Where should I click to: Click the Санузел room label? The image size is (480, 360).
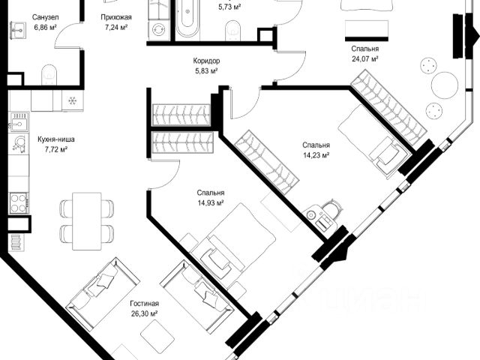[x=45, y=17]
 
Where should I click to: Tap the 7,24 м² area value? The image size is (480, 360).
[x=116, y=27]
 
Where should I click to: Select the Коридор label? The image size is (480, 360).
[x=206, y=61]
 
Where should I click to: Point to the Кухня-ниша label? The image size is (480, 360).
[x=56, y=139]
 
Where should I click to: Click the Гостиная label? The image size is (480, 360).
[x=145, y=303]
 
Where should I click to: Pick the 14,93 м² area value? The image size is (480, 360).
[x=211, y=202]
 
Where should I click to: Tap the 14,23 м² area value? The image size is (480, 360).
[x=316, y=155]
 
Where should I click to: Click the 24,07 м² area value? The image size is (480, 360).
[x=365, y=58]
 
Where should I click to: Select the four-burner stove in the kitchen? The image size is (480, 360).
[x=18, y=202]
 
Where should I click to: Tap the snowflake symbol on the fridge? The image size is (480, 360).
[x=73, y=100]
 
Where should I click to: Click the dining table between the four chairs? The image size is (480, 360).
[x=87, y=221]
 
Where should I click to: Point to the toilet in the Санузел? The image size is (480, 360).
[x=49, y=74]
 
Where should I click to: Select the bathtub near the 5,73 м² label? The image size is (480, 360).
[x=187, y=18]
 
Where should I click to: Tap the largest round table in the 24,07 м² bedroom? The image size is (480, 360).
[x=445, y=85]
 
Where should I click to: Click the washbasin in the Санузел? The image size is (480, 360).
[x=18, y=31]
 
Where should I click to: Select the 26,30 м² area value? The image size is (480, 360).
[x=145, y=313]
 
